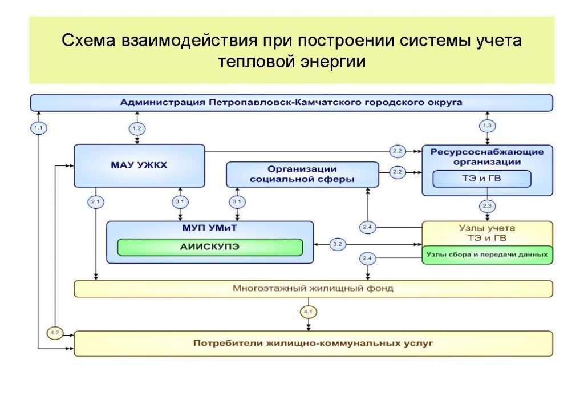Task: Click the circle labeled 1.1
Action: pos(38,128)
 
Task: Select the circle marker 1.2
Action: pos(137,128)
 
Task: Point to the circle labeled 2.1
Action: pos(95,201)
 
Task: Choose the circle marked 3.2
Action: pos(338,244)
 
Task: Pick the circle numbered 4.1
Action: pos(309,312)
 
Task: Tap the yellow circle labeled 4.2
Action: pos(55,333)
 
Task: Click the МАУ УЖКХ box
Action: pos(139,165)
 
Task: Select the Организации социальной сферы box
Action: pos(302,174)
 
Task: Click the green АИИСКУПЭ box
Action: pos(210,247)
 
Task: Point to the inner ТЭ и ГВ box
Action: pos(482,179)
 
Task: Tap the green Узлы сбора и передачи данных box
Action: pos(487,254)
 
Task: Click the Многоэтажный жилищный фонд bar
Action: pos(313,289)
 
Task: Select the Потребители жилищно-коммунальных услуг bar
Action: pos(313,344)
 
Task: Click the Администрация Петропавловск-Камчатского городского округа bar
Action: pos(291,103)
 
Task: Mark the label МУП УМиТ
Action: pos(210,228)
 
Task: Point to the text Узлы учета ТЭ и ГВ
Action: pos(486,233)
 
